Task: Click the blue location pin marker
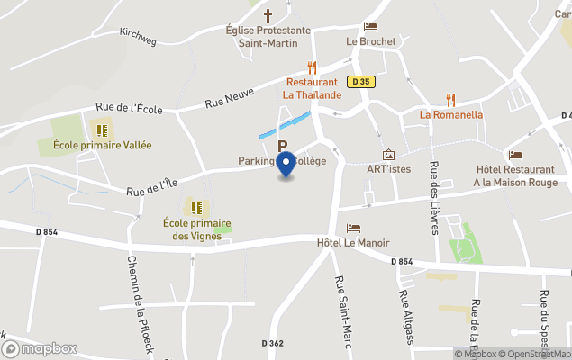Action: pyautogui.click(x=286, y=166)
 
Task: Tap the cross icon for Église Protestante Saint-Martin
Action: pyautogui.click(x=268, y=15)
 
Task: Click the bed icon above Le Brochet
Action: pyautogui.click(x=370, y=27)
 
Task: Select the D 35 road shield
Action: pyautogui.click(x=361, y=82)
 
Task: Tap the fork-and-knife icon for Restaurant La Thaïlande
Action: pyautogui.click(x=312, y=67)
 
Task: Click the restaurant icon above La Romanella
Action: pyautogui.click(x=451, y=100)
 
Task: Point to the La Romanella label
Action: pyautogui.click(x=451, y=115)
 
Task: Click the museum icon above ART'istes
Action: pyautogui.click(x=388, y=155)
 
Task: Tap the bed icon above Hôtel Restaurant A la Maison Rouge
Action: pyautogui.click(x=515, y=155)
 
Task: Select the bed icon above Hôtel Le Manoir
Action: pyautogui.click(x=353, y=229)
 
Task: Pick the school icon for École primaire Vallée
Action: pyautogui.click(x=102, y=130)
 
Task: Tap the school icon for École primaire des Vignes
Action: pyautogui.click(x=196, y=208)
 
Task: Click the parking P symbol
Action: pyautogui.click(x=282, y=146)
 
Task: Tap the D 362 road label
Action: pyautogui.click(x=273, y=343)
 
